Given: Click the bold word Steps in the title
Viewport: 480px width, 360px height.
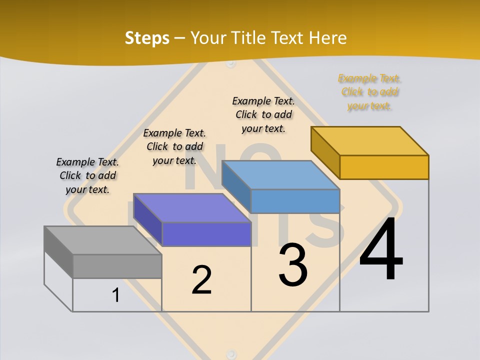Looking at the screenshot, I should point(147,38).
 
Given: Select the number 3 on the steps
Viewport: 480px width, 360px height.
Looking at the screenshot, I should point(293,265).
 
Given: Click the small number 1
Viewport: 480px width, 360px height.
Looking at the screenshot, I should point(115,295).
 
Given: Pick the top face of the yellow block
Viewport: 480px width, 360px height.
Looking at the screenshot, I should point(370,140).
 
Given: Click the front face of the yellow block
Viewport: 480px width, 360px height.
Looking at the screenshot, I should point(384,167).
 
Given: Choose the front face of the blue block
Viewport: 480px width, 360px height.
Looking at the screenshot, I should point(295,201).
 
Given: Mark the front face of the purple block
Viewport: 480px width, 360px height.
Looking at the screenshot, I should point(206,234).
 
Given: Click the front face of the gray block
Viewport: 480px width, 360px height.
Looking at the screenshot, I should point(117,266).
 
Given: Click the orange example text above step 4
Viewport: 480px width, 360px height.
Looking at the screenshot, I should point(369,92).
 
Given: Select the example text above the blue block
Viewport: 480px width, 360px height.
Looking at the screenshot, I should point(263,114).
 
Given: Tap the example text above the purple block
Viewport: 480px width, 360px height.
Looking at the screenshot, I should point(174,146).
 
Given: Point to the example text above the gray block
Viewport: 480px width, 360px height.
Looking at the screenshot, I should point(87,175).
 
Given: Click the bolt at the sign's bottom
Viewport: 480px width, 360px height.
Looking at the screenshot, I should point(231,352).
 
